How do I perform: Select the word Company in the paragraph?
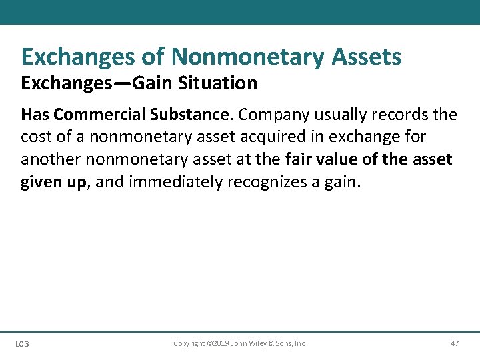(272, 115)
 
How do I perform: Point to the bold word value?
(340, 160)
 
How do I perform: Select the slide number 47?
(455, 343)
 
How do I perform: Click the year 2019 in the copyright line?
(220, 343)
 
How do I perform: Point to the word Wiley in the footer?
(259, 343)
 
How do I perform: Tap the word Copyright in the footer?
(189, 343)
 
